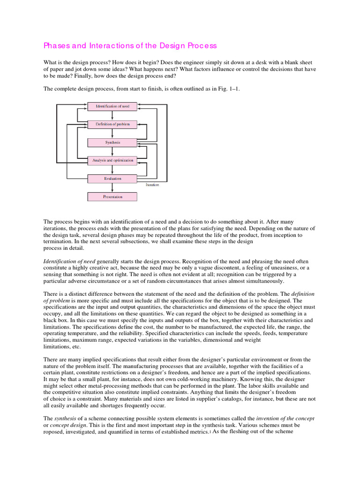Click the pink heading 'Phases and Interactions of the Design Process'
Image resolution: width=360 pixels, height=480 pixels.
coord(130,45)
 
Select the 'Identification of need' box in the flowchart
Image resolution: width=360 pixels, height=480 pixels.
coord(112,106)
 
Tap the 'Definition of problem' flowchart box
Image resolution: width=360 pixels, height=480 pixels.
coord(112,124)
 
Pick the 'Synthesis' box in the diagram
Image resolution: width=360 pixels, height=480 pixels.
coord(112,142)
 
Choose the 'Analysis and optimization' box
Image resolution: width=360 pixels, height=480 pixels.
coord(112,160)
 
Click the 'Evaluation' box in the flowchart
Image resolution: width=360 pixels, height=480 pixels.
coord(112,179)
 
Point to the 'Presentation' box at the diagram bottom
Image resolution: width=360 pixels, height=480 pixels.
coord(112,197)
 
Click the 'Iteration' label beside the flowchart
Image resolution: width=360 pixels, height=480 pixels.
coord(152,185)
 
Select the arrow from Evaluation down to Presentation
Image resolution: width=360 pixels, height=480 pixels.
coord(112,187)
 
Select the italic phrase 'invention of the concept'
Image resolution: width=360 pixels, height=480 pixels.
coord(285,418)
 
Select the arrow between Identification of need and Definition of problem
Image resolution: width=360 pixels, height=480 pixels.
coord(112,115)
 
